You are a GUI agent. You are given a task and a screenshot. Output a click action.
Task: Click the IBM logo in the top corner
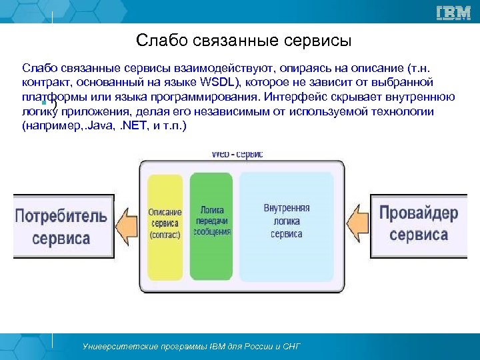[454, 12]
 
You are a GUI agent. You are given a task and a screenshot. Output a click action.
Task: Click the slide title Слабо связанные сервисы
[243, 41]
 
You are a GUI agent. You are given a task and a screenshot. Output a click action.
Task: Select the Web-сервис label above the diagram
[237, 154]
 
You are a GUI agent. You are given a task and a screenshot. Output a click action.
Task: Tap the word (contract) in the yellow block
[165, 236]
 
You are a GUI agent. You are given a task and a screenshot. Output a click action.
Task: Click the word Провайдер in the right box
[419, 213]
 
